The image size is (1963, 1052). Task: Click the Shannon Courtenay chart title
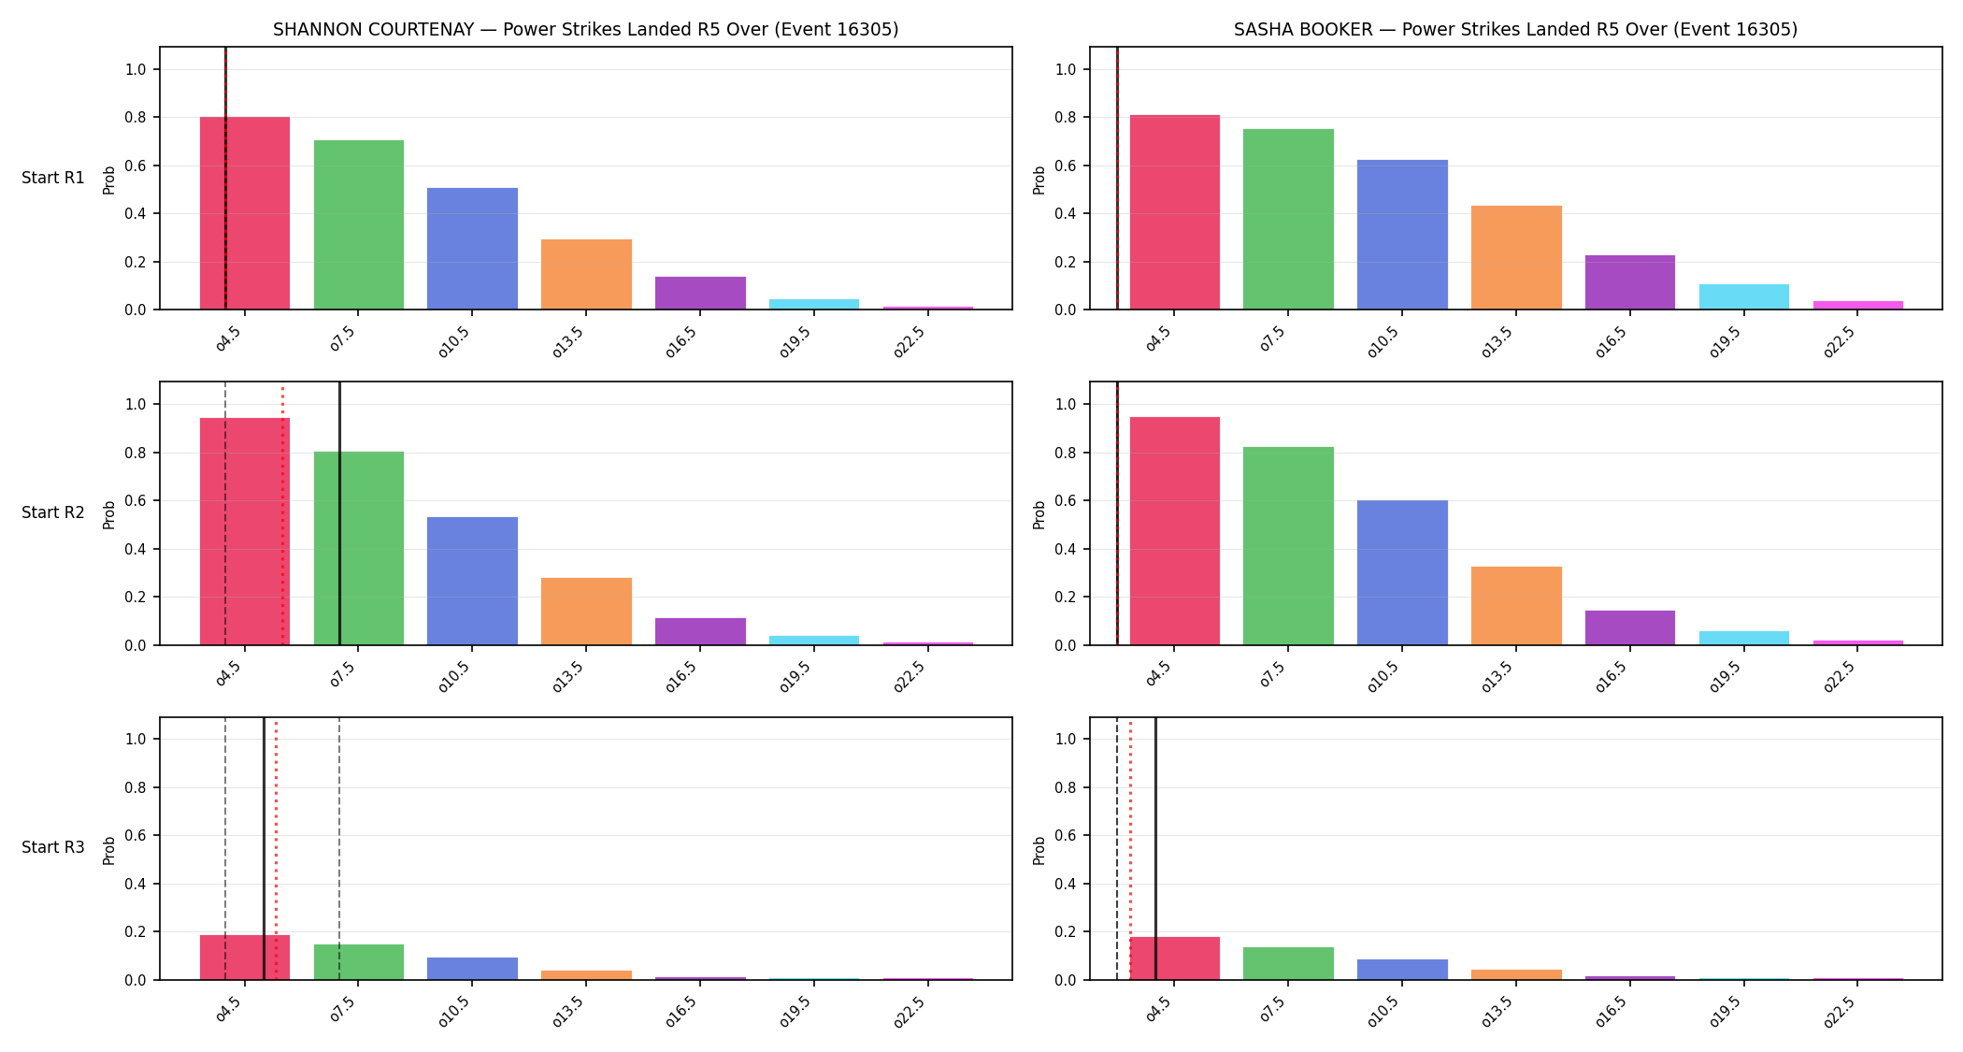click(585, 29)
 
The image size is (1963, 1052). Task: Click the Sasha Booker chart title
click(1515, 29)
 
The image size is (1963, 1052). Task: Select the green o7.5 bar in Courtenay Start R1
click(359, 224)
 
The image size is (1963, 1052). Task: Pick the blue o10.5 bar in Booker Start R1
click(1402, 235)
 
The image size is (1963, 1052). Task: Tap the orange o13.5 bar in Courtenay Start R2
click(586, 612)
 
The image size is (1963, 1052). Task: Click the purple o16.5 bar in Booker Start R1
click(1630, 282)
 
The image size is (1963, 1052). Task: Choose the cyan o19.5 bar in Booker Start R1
click(1744, 296)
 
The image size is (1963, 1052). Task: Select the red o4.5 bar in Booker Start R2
click(1175, 531)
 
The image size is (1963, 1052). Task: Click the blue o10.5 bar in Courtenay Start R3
click(472, 969)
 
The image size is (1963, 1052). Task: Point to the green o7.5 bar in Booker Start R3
click(1288, 963)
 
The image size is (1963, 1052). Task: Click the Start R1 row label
click(53, 178)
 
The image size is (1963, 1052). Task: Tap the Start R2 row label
click(53, 512)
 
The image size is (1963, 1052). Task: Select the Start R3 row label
click(53, 847)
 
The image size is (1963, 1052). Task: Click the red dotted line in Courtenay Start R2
click(282, 514)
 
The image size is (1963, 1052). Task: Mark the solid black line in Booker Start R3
click(1155, 848)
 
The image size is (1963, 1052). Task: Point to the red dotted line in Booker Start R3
click(1130, 848)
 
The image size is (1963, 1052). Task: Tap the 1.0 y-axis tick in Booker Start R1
click(1067, 69)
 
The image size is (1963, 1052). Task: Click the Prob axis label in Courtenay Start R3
click(109, 850)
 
